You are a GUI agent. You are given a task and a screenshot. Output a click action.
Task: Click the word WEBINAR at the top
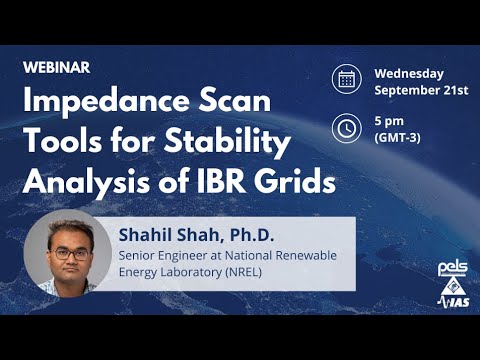[56, 67]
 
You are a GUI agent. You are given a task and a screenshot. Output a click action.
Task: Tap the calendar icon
[347, 79]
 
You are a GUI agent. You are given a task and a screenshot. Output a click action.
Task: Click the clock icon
[347, 128]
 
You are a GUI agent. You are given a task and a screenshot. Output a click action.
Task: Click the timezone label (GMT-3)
[396, 137]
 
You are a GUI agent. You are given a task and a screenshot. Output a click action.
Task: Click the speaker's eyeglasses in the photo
[68, 253]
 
